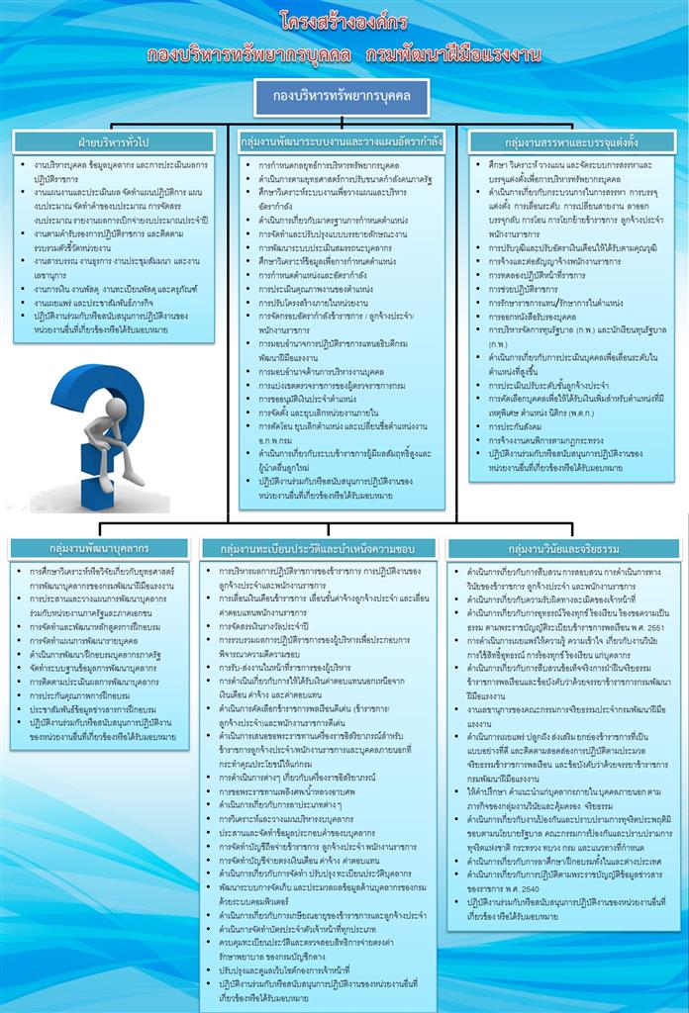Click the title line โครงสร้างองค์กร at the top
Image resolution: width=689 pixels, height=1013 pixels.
pyautogui.click(x=344, y=21)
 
